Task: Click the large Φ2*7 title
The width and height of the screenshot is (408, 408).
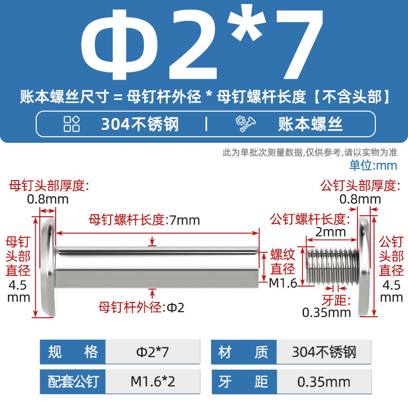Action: (202, 44)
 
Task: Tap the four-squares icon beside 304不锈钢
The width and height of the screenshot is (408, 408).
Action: (71, 124)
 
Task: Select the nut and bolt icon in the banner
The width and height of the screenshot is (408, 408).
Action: (246, 124)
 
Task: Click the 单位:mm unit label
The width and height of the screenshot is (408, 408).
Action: (373, 165)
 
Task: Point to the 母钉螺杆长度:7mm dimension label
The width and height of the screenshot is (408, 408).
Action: (144, 220)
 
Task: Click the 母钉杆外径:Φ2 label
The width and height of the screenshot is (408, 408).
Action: (141, 308)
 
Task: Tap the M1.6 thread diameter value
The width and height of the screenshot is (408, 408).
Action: (283, 283)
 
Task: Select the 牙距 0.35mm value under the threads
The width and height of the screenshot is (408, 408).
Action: (326, 313)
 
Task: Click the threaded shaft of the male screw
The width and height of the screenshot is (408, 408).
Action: (333, 266)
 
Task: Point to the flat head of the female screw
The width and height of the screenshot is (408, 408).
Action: (48, 267)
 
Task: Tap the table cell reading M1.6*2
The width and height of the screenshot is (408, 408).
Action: (152, 381)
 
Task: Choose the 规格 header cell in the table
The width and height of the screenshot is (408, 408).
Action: (72, 352)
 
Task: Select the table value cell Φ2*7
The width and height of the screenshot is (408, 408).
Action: (152, 352)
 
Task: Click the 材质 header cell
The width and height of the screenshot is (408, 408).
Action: (244, 352)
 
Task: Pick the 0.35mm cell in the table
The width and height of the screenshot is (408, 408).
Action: (324, 381)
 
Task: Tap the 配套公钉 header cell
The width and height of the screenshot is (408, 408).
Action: (72, 381)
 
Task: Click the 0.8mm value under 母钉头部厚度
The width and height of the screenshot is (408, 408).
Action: (48, 199)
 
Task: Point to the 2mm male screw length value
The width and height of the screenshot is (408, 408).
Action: (330, 232)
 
